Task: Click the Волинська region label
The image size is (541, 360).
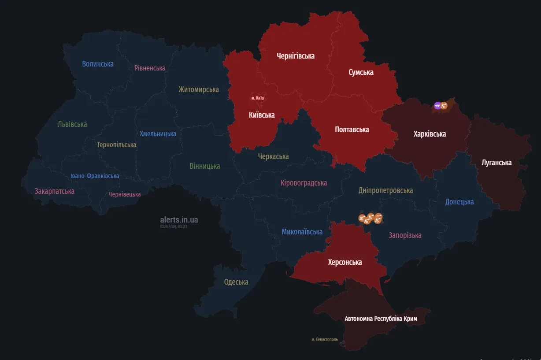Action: (x=98, y=64)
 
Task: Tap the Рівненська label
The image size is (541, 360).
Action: (x=150, y=68)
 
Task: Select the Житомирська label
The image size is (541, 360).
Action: (x=199, y=89)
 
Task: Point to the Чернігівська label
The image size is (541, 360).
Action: (x=296, y=56)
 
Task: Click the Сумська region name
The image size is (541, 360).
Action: (x=361, y=72)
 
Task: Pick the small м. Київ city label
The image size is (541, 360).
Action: (x=257, y=98)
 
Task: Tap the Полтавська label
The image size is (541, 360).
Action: (x=352, y=130)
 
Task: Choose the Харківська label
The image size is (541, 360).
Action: (x=430, y=134)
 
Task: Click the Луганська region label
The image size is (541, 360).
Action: (x=497, y=163)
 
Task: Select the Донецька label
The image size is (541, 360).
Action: (x=459, y=202)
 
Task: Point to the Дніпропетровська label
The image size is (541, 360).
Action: (x=385, y=190)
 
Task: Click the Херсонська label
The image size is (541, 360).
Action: (x=345, y=262)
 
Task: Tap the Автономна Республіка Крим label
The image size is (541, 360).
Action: (x=381, y=319)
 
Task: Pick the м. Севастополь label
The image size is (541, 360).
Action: (x=324, y=340)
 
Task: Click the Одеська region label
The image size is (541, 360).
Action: (x=236, y=282)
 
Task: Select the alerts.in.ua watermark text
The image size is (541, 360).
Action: (x=179, y=219)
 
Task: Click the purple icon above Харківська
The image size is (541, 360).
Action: (x=437, y=105)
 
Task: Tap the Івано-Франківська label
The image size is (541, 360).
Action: (x=95, y=176)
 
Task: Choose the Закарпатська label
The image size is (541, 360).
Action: (x=55, y=191)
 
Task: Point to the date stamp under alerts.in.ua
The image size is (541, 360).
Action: (x=174, y=226)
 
